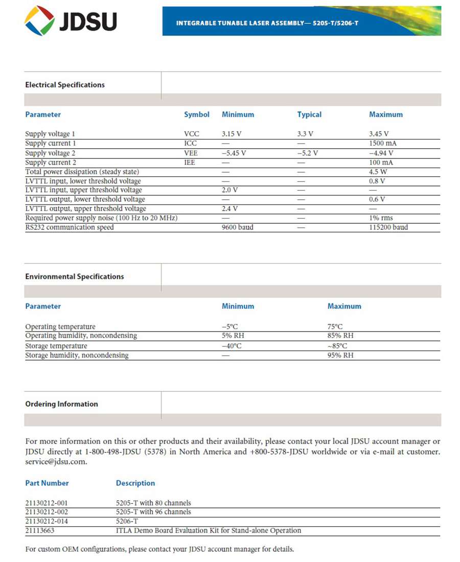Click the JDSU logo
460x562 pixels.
tap(71, 21)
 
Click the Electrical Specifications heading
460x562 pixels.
tap(65, 85)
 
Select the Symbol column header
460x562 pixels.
tap(197, 114)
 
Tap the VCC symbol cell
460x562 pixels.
tap(192, 134)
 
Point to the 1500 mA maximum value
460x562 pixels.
tap(383, 144)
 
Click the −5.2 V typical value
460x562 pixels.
tap(308, 153)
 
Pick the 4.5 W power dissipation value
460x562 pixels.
tap(378, 172)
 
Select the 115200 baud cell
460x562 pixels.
tap(388, 227)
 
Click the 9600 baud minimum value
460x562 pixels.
tap(237, 227)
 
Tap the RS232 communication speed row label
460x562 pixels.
tap(70, 227)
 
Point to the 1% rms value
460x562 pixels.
tap(381, 218)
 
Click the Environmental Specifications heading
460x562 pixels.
tap(75, 276)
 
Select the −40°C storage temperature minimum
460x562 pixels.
tap(232, 346)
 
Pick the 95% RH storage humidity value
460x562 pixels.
tap(340, 356)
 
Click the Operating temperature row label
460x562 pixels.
tap(60, 327)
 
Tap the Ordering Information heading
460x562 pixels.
tap(61, 404)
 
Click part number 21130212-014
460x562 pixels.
tap(47, 521)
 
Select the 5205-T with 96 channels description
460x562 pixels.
tap(153, 512)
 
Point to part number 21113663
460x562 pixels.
tap(40, 531)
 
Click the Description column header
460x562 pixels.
tap(135, 483)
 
